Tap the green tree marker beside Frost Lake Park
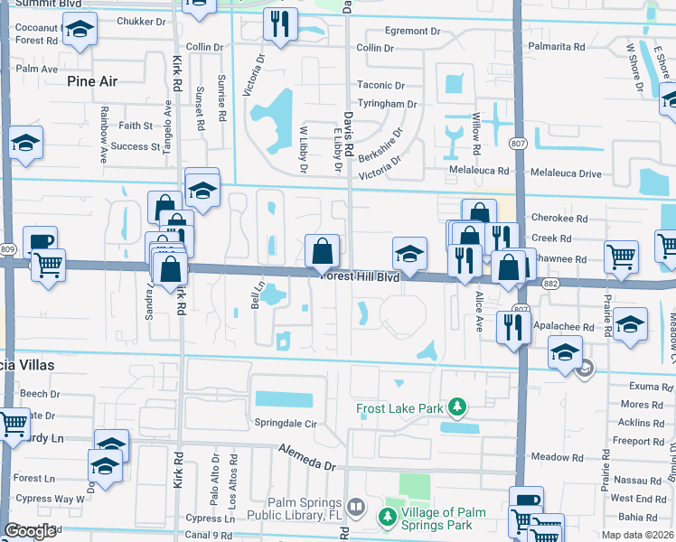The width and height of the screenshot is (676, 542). point(458,407)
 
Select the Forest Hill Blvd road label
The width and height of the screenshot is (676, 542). point(361,278)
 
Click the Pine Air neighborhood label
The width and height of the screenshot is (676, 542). point(92,80)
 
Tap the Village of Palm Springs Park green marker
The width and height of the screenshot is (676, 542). point(387,517)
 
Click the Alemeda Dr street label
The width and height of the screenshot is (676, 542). point(306,457)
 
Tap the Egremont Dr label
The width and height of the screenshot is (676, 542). point(411,31)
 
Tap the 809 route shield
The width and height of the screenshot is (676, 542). point(8,249)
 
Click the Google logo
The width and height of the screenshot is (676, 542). point(30,531)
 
